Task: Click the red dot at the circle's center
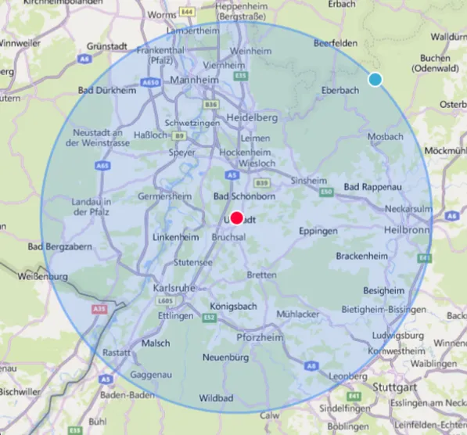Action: point(238,218)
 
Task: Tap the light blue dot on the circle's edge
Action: point(375,80)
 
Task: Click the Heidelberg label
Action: point(251,117)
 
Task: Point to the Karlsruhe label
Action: point(174,289)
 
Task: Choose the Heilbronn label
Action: point(408,231)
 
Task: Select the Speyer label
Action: point(182,153)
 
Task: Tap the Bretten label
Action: point(261,275)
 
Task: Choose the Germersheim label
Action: point(166,196)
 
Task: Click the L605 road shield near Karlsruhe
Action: point(163,300)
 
